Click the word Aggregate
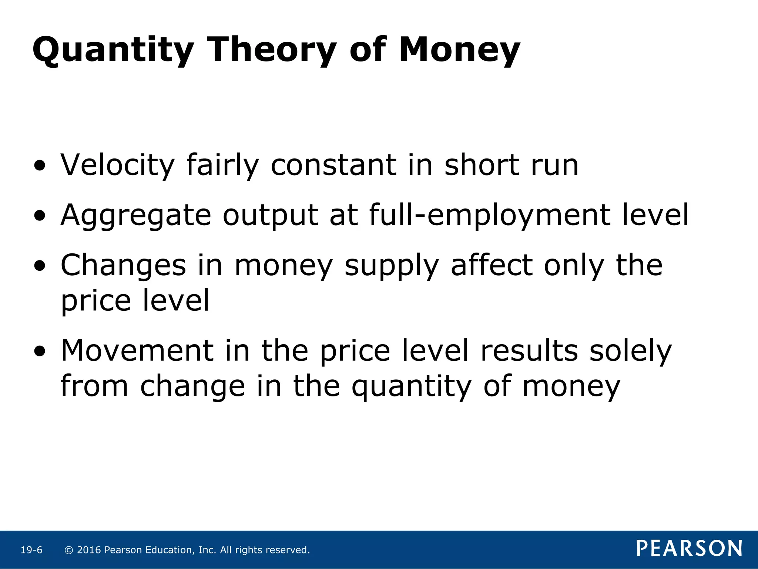135,216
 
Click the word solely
630,351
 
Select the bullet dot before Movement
40,352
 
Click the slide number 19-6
31,550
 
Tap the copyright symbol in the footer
68,550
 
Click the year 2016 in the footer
89,550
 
